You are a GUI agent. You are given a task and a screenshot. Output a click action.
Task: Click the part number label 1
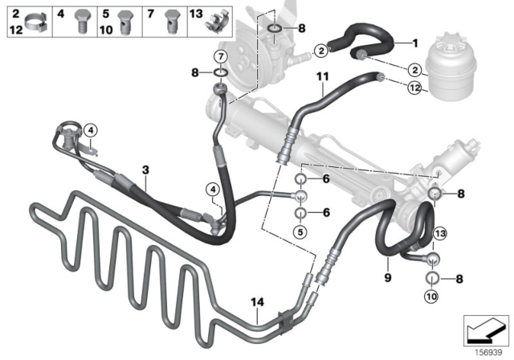click(415, 43)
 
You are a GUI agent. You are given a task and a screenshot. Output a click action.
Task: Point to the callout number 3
click(145, 171)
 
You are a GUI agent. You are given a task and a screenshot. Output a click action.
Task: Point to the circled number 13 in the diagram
click(439, 232)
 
